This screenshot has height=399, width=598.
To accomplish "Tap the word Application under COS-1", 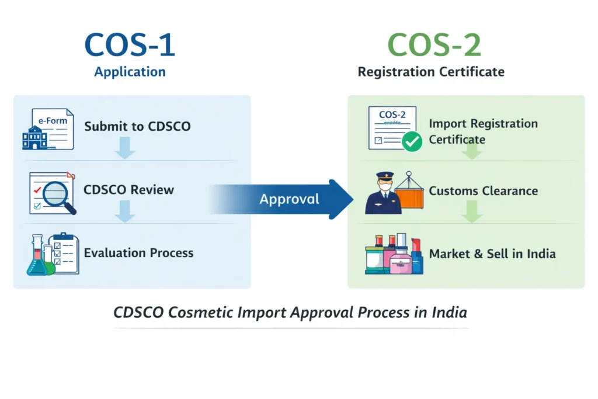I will click(130, 72).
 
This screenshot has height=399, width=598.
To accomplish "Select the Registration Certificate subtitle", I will click(431, 72).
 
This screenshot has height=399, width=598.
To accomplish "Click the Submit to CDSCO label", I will click(137, 126).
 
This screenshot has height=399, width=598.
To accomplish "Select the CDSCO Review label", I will click(128, 190).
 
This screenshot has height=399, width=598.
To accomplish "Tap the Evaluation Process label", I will click(138, 253).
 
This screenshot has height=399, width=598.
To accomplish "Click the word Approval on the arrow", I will click(289, 199).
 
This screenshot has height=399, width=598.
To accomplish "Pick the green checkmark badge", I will click(412, 141).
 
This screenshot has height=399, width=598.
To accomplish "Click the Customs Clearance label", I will click(483, 191).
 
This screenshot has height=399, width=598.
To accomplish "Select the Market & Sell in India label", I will click(492, 254).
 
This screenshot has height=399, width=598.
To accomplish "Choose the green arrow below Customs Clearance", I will click(472, 213).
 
